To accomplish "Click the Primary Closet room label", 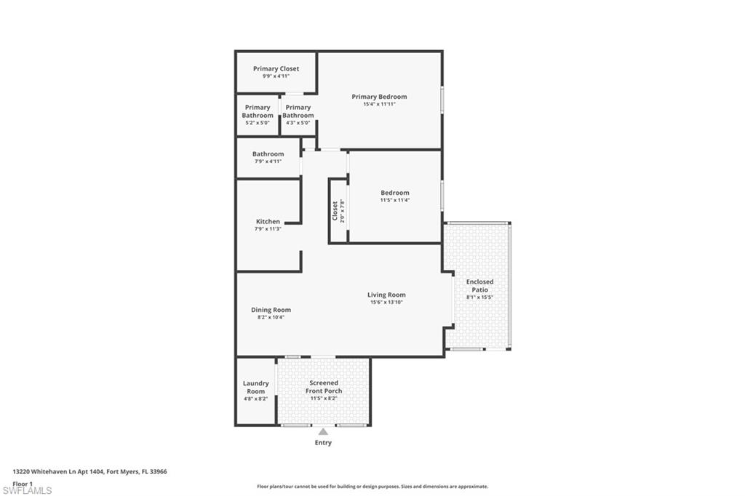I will tap(276, 68).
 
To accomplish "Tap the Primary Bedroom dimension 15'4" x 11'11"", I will tap(379, 104).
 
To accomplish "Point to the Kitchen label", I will tap(268, 222).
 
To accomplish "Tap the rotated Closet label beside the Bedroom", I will tap(337, 211).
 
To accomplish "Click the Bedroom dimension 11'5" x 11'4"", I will tap(395, 200).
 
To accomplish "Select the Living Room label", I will tap(386, 295).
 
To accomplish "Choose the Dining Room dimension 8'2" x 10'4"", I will tap(271, 317).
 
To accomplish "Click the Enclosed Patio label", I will tap(479, 285).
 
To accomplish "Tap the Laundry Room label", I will tap(255, 387).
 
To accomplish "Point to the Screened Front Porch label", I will tap(324, 386).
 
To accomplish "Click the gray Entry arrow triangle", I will tap(323, 432).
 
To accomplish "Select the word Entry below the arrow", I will tap(323, 442).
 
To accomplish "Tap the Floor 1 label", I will tap(23, 483).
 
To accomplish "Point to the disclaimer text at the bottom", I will tap(372, 487).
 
